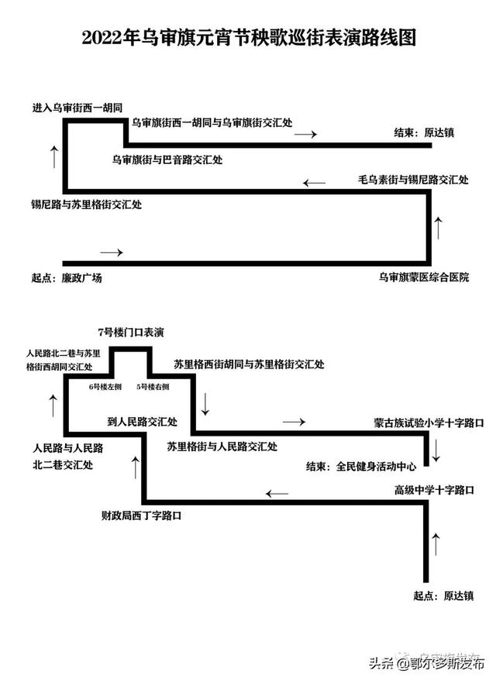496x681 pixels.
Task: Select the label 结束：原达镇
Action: click(x=423, y=132)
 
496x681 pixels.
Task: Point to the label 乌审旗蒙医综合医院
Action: click(x=424, y=277)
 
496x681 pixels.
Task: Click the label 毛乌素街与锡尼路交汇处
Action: click(x=413, y=180)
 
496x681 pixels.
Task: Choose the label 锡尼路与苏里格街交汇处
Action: click(x=85, y=205)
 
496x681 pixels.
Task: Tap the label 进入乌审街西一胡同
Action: click(x=78, y=107)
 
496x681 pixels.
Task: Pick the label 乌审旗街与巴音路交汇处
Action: click(x=167, y=160)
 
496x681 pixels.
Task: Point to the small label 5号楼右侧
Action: click(x=153, y=385)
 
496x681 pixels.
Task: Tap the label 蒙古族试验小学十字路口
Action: click(x=428, y=423)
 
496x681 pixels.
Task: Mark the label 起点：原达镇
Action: click(x=443, y=596)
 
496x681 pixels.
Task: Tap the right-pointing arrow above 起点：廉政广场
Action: click(x=112, y=252)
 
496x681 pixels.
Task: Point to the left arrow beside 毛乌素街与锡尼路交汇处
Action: click(x=315, y=183)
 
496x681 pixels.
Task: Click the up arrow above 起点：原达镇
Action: click(x=436, y=543)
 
